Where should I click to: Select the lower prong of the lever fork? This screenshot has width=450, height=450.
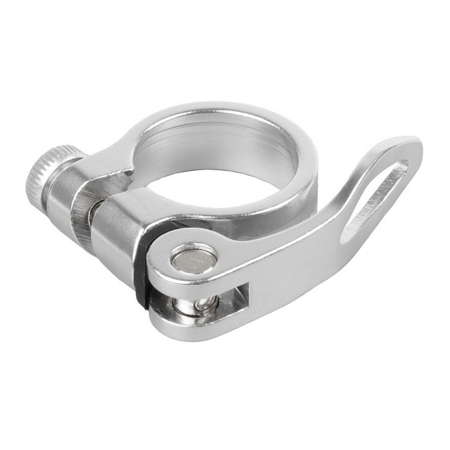point(203,327)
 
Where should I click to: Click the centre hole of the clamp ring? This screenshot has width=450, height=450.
point(213,162)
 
